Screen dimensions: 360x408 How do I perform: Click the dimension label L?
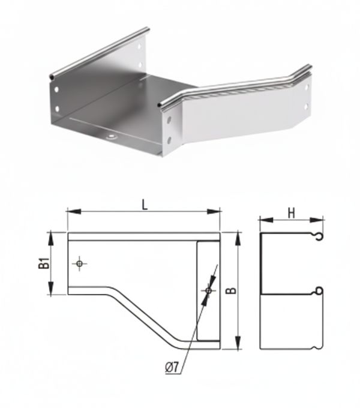pos(145,205)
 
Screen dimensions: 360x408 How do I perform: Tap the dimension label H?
pos(292,214)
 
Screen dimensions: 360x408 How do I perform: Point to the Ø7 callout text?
pos(172,367)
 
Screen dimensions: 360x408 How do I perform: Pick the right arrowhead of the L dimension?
pos(214,212)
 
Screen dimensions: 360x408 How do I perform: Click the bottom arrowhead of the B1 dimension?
pos(51,288)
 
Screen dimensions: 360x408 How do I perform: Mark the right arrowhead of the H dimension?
pos(316,220)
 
